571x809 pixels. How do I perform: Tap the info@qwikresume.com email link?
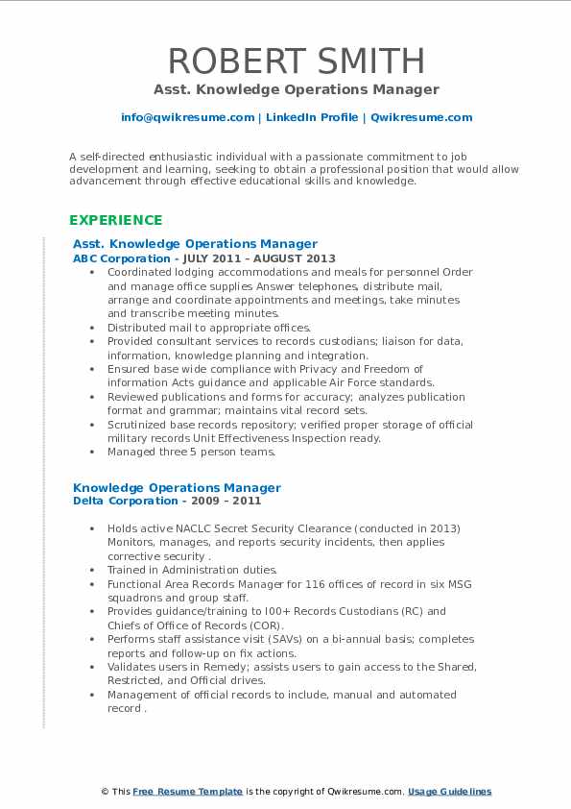click(187, 117)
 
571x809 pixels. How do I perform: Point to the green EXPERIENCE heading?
click(115, 220)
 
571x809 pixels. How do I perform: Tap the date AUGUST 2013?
click(299, 258)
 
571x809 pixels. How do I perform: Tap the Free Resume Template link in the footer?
click(187, 792)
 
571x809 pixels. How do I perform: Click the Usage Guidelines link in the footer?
click(449, 792)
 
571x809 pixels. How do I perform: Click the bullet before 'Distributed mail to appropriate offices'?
click(92, 328)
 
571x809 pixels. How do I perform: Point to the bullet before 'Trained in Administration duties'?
click(92, 570)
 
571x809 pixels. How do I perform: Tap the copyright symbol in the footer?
click(106, 792)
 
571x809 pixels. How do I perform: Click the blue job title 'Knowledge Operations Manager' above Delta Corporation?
click(177, 487)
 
